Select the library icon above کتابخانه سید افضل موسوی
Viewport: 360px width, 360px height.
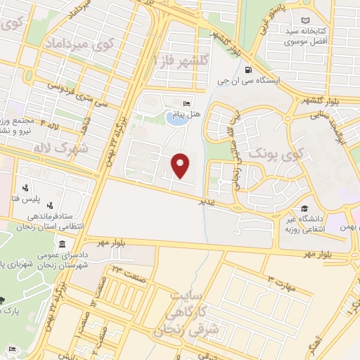tap(304, 21)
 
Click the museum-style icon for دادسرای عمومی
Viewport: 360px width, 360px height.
tap(63, 245)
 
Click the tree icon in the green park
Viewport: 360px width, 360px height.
tap(2, 297)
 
